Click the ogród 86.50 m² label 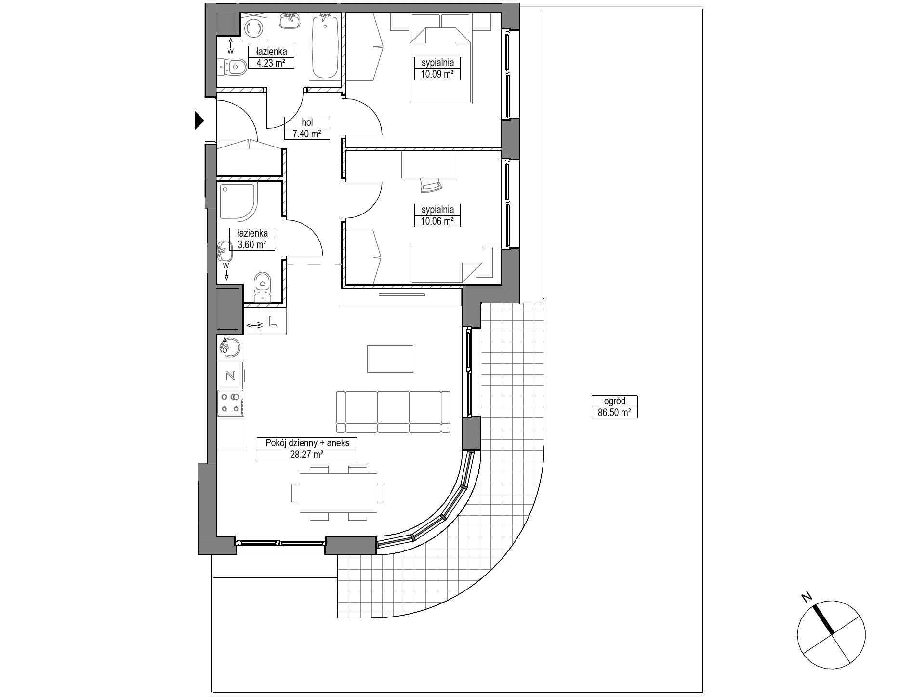click(x=614, y=406)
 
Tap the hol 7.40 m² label click(x=307, y=128)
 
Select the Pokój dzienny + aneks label click(x=307, y=443)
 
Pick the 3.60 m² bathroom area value click(x=252, y=244)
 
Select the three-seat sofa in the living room click(x=393, y=412)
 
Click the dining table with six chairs click(x=338, y=493)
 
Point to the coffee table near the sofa click(x=390, y=359)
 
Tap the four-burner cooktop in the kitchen click(x=230, y=403)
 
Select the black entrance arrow click(x=199, y=121)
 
